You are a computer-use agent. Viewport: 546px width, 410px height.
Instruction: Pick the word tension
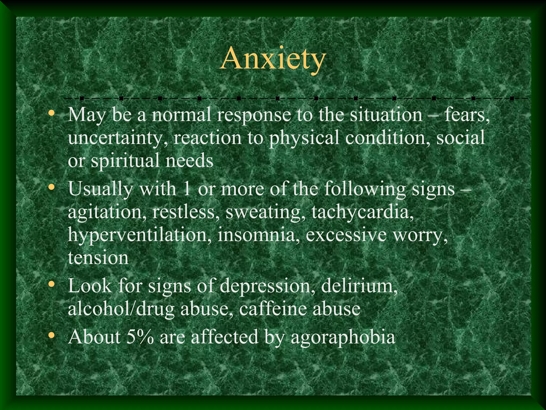click(98, 258)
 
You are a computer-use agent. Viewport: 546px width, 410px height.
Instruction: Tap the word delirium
click(359, 286)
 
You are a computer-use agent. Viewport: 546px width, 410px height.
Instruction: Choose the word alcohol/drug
click(121, 309)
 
